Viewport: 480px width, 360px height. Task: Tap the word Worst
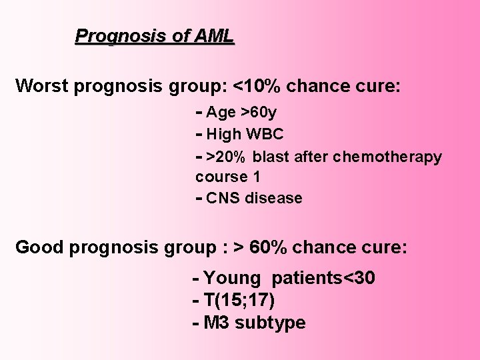[41, 86]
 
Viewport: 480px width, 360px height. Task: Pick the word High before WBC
[224, 134]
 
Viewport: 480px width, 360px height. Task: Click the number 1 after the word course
[256, 177]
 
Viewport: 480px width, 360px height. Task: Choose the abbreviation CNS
[223, 198]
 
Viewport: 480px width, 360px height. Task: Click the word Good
[39, 247]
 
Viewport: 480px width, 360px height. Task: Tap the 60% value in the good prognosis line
[270, 247]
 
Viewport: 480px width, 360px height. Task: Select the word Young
[233, 278]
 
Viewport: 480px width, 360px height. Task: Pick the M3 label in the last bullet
[216, 323]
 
